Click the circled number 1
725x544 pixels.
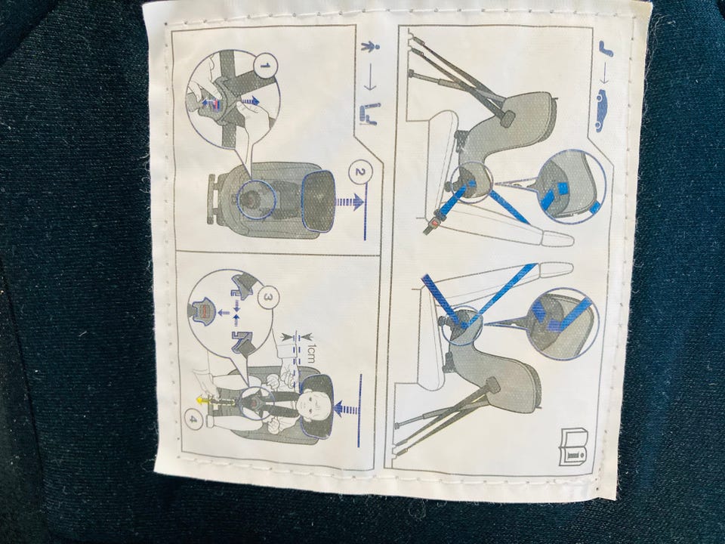(x=264, y=66)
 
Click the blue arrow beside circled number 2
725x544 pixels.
(x=349, y=202)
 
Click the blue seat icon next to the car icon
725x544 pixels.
(x=606, y=50)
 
